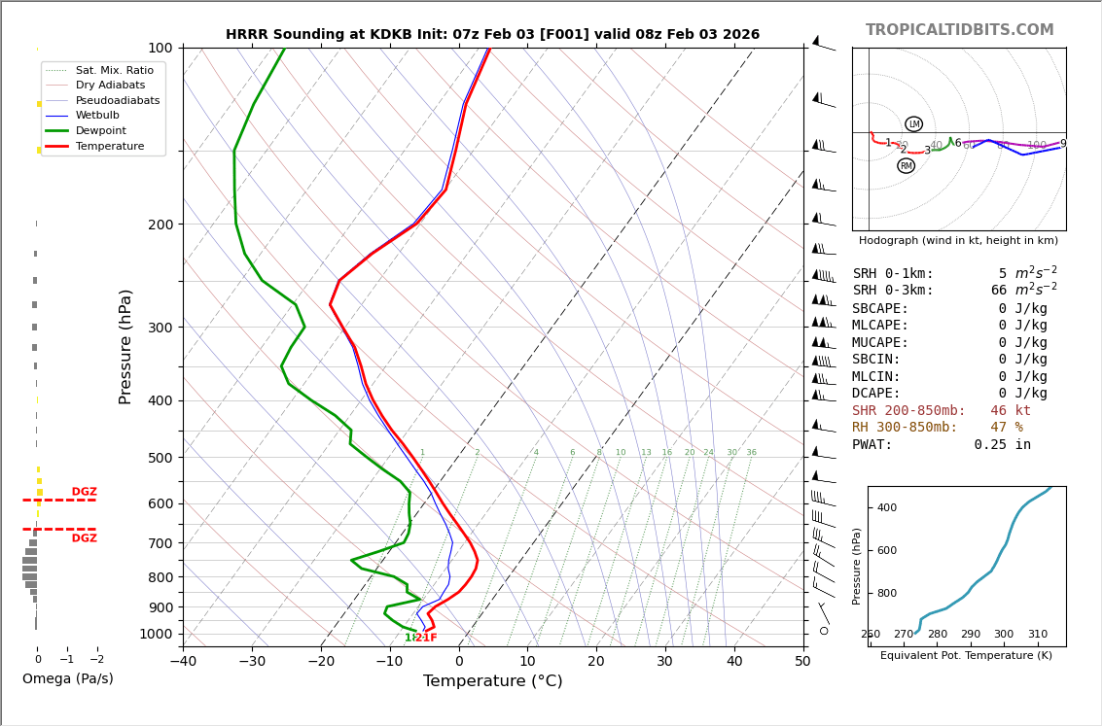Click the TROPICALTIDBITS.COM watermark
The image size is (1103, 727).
[959, 30]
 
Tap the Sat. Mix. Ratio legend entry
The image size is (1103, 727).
[114, 70]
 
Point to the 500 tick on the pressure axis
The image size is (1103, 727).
[160, 458]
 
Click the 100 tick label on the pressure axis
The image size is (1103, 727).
[160, 48]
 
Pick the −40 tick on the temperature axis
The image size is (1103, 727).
[183, 662]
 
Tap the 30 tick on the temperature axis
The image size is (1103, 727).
[664, 662]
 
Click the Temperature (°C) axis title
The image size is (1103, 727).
[492, 681]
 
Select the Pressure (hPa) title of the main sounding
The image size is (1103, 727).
[125, 346]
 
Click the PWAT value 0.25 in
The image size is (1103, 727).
[1002, 445]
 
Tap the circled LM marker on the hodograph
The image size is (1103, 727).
[913, 124]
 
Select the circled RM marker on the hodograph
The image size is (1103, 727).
[906, 166]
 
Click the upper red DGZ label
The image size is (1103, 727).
[84, 492]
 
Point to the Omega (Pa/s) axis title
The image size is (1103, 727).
[67, 678]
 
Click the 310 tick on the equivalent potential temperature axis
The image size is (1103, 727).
[1038, 635]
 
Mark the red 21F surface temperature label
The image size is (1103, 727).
[426, 638]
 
